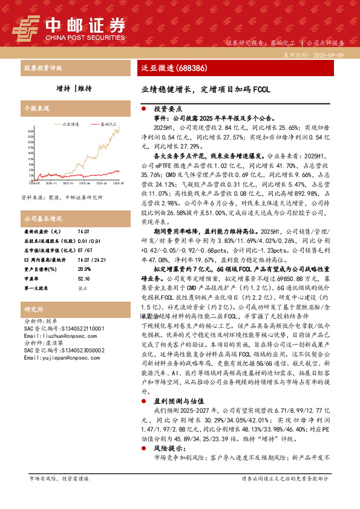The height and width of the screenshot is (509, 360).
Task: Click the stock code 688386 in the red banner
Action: pyautogui.click(x=189, y=68)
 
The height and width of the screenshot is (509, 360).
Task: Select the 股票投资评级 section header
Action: pyautogui.click(x=43, y=68)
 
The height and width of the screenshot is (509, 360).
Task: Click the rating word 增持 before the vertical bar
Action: pyautogui.click(x=63, y=88)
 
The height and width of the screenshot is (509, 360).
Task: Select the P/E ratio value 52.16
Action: pyautogui.click(x=84, y=262)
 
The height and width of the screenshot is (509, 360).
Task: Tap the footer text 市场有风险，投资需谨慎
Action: pyautogui.click(x=59, y=478)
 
